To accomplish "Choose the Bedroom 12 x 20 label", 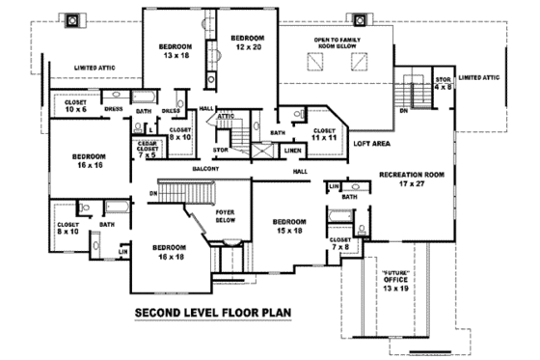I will pyautogui.click(x=247, y=42).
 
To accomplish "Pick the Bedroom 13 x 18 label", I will pyautogui.click(x=175, y=51).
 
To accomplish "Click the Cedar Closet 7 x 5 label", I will pyautogui.click(x=147, y=148).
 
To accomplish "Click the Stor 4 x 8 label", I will pyautogui.click(x=443, y=83).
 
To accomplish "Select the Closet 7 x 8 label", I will pyautogui.click(x=340, y=242).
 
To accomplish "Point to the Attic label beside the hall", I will pyautogui.click(x=226, y=117).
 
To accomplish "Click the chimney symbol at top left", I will pyautogui.click(x=72, y=19).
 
